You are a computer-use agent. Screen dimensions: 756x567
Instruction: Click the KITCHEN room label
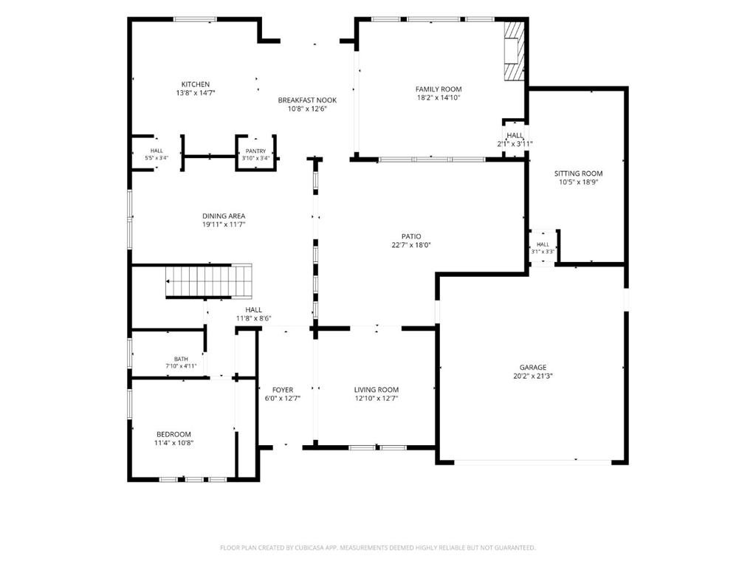pyautogui.click(x=195, y=84)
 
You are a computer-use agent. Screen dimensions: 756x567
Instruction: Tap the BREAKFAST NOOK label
pyautogui.click(x=307, y=100)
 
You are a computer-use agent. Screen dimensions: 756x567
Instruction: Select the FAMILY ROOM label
pyautogui.click(x=439, y=89)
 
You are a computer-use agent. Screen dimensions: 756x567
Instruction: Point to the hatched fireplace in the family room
pyautogui.click(x=514, y=51)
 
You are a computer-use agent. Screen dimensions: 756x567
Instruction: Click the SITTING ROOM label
pyautogui.click(x=579, y=173)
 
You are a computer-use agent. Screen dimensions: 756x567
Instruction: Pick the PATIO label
pyautogui.click(x=411, y=236)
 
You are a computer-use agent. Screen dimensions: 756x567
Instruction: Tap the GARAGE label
pyautogui.click(x=533, y=368)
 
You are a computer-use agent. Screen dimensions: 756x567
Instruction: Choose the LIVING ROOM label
pyautogui.click(x=377, y=390)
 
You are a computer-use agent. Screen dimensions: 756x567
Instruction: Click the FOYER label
pyautogui.click(x=283, y=390)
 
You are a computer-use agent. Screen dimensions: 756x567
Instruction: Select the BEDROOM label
pyautogui.click(x=173, y=434)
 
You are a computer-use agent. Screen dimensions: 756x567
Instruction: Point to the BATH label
pyautogui.click(x=182, y=359)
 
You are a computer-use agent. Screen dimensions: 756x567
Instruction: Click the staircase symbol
pyautogui.click(x=209, y=281)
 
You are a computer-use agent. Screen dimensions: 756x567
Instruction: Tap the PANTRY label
pyautogui.click(x=255, y=151)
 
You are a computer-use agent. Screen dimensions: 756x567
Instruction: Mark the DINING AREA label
pyautogui.click(x=224, y=216)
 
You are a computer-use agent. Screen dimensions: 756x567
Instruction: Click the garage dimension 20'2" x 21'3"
pyautogui.click(x=533, y=376)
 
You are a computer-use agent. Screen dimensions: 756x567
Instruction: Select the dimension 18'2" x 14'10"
pyautogui.click(x=439, y=97)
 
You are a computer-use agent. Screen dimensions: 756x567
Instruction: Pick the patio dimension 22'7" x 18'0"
pyautogui.click(x=411, y=245)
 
